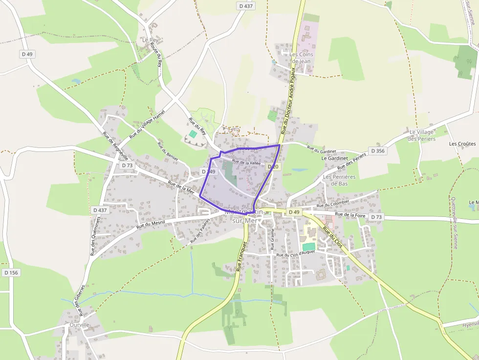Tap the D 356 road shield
click(377, 151)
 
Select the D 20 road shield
click(273, 167)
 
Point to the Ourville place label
click(79, 325)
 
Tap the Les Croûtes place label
click(462, 144)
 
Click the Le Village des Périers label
click(421, 135)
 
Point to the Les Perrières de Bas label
click(339, 180)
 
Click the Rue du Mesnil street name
click(151, 223)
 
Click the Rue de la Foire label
click(351, 214)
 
